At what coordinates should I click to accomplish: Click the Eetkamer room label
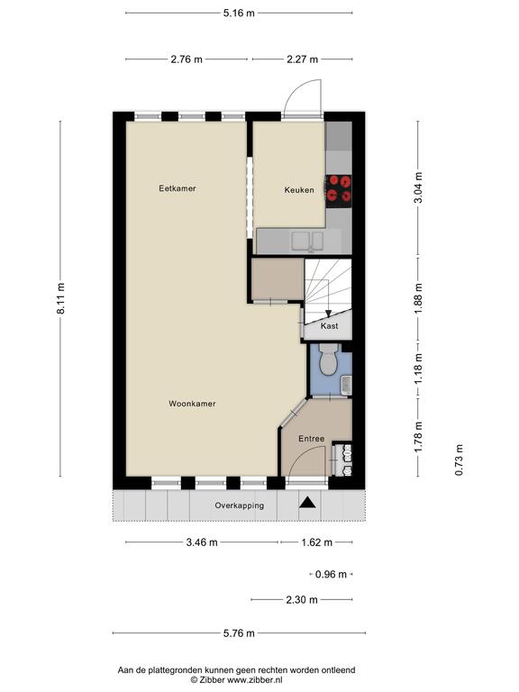click(x=178, y=188)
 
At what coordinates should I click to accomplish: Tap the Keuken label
click(x=299, y=190)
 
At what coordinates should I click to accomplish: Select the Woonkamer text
click(x=193, y=404)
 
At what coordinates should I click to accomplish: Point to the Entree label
click(x=312, y=439)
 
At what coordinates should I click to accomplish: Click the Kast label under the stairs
click(x=329, y=326)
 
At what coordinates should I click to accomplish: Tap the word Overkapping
click(x=239, y=505)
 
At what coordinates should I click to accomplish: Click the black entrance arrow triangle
click(x=307, y=503)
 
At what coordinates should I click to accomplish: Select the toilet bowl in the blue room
click(x=328, y=360)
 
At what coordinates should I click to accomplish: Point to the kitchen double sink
click(x=307, y=241)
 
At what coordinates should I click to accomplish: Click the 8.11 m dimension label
click(x=60, y=299)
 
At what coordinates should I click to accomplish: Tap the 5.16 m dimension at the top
click(x=239, y=13)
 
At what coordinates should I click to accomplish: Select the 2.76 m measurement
click(x=187, y=59)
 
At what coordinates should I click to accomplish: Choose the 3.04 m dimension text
click(x=418, y=187)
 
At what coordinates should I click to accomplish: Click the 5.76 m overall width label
click(x=239, y=633)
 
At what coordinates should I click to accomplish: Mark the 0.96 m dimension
click(x=331, y=575)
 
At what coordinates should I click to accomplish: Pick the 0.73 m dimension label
click(x=459, y=460)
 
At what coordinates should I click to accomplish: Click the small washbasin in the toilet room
click(x=347, y=386)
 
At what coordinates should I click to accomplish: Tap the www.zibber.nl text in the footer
click(x=255, y=680)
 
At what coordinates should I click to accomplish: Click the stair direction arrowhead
click(x=328, y=314)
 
